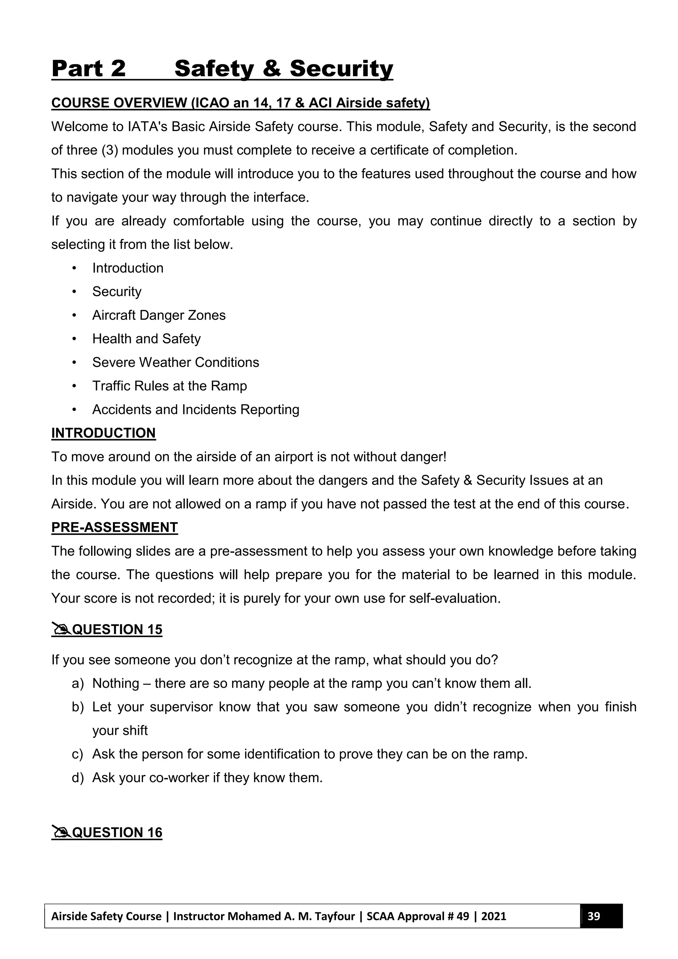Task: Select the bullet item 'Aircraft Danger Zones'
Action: [x=159, y=315]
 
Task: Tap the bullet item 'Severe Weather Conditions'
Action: [x=175, y=362]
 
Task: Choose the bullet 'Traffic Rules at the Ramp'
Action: [x=169, y=385]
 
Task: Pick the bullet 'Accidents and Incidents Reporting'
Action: [x=195, y=409]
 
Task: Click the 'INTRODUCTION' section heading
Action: [x=103, y=433]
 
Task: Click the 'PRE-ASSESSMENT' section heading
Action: [x=115, y=527]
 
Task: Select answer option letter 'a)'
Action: [x=78, y=683]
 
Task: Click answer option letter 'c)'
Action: [x=78, y=754]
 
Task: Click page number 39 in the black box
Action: [x=593, y=916]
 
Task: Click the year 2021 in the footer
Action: [x=494, y=916]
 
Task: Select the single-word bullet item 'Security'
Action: [x=117, y=291]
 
